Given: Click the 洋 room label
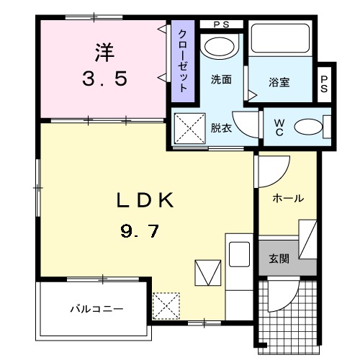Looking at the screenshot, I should (x=102, y=53).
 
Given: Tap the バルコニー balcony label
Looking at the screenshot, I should (x=96, y=309).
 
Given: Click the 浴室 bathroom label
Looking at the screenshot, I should (x=281, y=83).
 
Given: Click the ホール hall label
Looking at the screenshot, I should (x=288, y=198).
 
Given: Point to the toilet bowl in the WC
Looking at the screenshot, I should (x=308, y=127).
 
